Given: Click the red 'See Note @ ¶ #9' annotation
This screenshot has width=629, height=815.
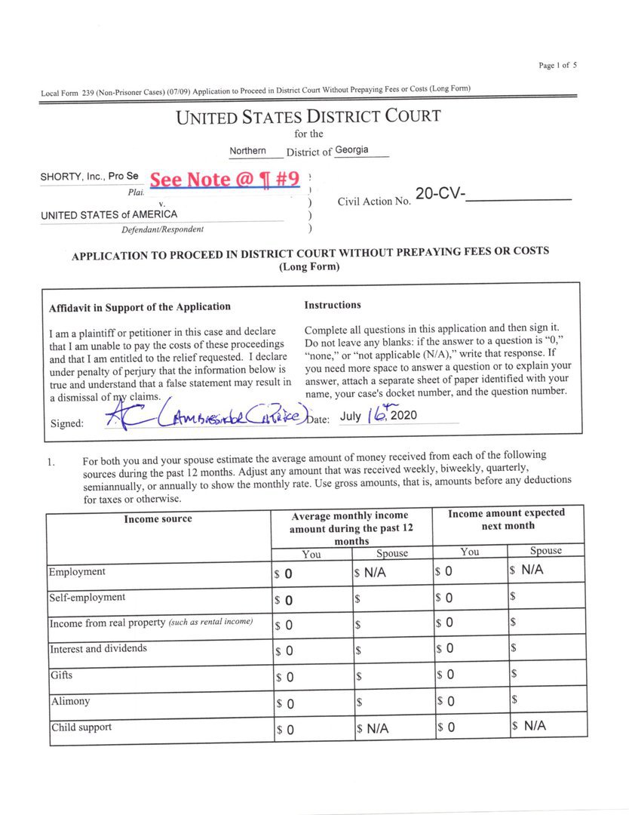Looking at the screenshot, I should (x=224, y=180).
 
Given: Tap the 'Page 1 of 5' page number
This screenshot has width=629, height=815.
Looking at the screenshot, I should (x=558, y=66).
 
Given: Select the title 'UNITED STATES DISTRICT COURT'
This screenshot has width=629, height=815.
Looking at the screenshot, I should (x=308, y=117).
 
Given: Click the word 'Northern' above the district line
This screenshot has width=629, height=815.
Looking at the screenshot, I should (x=247, y=151).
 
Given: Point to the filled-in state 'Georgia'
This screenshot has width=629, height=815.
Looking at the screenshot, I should (x=352, y=150).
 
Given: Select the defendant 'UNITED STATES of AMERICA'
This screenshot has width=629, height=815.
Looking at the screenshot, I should (x=109, y=214).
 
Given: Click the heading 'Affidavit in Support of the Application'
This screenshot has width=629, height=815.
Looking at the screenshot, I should (x=140, y=307).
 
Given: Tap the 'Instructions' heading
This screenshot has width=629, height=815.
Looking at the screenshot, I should (x=333, y=306).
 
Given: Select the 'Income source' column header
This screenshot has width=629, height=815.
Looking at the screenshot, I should (x=158, y=519).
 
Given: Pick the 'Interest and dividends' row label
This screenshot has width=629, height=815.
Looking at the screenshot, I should (x=98, y=649).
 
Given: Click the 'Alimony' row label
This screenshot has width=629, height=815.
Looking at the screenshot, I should (x=70, y=702).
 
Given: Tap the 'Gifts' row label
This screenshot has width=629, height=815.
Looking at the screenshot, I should (x=62, y=675).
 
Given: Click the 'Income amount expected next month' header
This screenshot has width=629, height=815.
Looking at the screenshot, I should (x=507, y=519).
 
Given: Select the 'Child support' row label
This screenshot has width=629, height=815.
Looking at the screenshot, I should (x=81, y=728).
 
